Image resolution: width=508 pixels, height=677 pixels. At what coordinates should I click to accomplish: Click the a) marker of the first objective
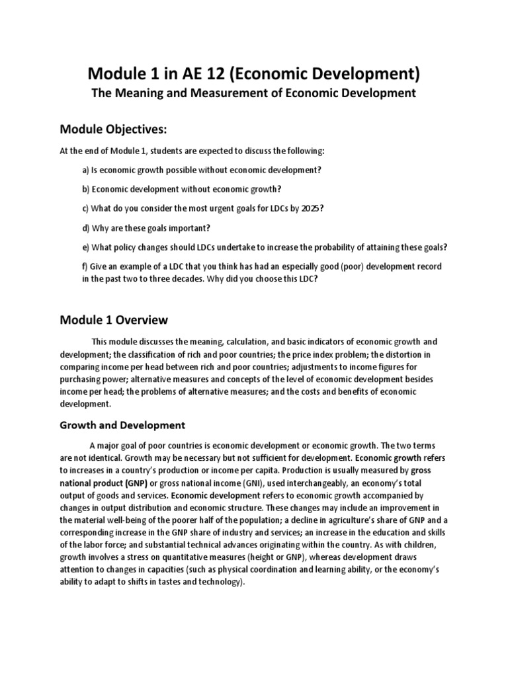click(87, 170)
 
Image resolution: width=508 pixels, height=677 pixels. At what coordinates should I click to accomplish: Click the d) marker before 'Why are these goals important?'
click(87, 228)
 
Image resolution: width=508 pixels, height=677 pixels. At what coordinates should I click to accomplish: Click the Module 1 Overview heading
click(114, 320)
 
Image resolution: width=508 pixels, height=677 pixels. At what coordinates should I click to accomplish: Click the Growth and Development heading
click(122, 425)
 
